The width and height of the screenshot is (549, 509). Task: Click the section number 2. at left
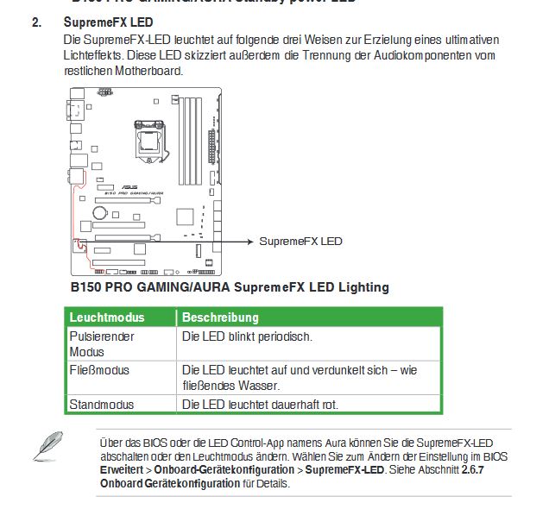pos(37,22)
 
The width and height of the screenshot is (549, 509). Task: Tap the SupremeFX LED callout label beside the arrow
pos(300,242)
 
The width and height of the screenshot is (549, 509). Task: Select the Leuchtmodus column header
pos(107,317)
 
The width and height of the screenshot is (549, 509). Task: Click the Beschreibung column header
pos(220,317)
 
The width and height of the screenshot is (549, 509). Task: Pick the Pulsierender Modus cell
pos(102,343)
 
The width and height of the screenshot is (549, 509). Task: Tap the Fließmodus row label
pos(99,370)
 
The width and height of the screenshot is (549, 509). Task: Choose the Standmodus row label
pos(101,404)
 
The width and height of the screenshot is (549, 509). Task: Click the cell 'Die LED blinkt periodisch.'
pos(247,336)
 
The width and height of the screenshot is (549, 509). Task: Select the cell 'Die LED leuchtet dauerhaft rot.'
pos(260,404)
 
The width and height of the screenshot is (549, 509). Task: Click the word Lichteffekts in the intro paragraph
pos(95,55)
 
